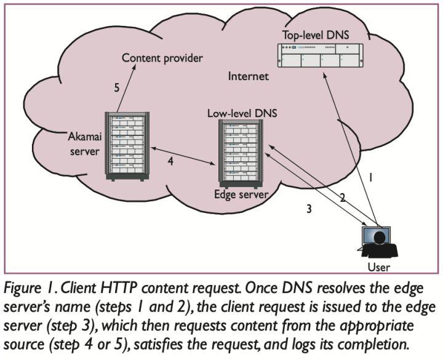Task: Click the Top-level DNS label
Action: point(316,35)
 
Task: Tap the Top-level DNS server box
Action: point(320,55)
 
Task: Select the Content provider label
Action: point(162,58)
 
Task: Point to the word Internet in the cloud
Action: point(249,76)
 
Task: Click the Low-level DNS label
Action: point(242,113)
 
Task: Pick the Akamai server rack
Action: point(127,146)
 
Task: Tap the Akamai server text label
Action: point(85,144)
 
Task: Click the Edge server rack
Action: point(241,154)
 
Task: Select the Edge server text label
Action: point(241,194)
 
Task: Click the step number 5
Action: point(117,87)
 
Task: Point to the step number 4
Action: point(170,161)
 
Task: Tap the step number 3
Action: point(309,209)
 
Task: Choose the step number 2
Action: point(343,198)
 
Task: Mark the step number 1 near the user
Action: point(370,177)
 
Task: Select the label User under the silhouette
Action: point(378,267)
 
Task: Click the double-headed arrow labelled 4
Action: point(183,156)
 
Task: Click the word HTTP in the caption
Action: point(119,288)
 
